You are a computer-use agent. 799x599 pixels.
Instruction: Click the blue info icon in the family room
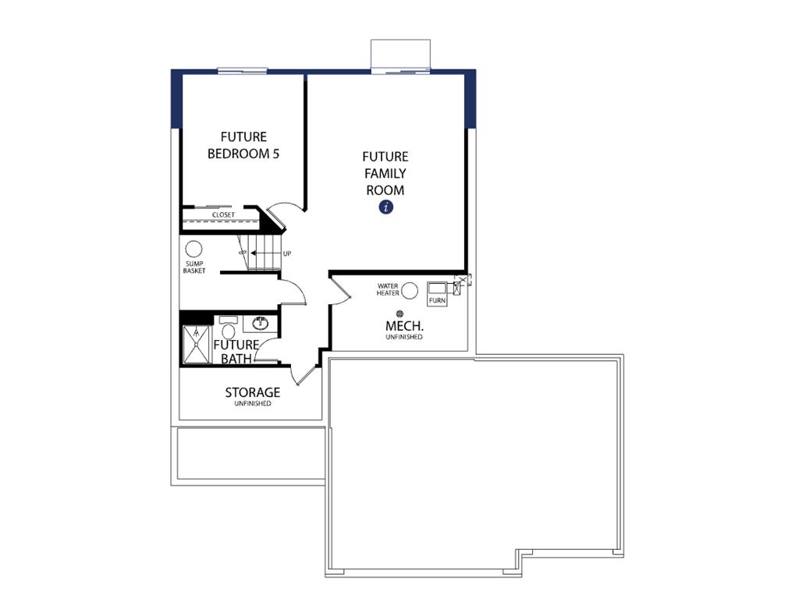click(385, 207)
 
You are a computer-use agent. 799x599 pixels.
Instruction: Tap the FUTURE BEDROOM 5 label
click(243, 145)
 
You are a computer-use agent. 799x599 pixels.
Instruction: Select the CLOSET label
click(223, 215)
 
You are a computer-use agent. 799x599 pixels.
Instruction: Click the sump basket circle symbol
click(194, 249)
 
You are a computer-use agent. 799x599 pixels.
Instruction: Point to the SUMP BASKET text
click(194, 268)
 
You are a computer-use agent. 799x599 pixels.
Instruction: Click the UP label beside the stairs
click(287, 253)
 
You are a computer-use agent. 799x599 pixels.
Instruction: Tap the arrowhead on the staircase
click(254, 253)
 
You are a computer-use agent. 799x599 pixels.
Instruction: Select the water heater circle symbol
click(410, 291)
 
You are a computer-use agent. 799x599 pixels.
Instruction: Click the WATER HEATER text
click(388, 289)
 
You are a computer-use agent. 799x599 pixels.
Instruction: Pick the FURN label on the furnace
click(437, 300)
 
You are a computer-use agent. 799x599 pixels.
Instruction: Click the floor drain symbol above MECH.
click(399, 314)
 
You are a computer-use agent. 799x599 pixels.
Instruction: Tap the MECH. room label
click(404, 326)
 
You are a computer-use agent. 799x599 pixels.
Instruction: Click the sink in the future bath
click(261, 323)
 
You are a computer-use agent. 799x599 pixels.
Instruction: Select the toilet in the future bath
click(229, 328)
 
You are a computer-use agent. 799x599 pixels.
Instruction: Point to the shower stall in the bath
click(196, 344)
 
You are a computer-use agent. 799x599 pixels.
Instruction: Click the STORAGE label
click(253, 392)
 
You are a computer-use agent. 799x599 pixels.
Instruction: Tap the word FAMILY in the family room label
click(385, 173)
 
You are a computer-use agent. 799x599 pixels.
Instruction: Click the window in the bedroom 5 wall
click(242, 70)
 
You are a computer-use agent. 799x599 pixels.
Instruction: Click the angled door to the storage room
click(306, 375)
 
